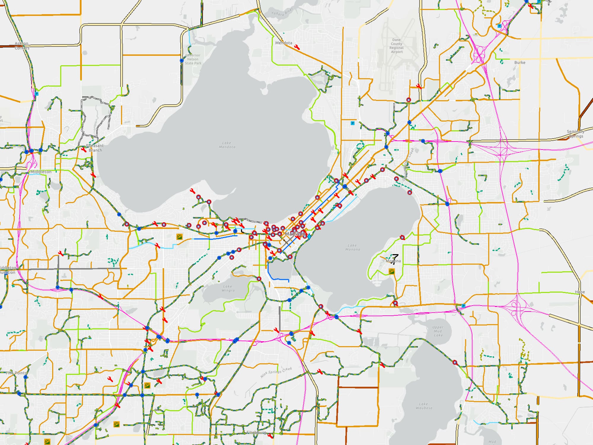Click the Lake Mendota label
coord(227,145)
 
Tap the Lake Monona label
coord(352,247)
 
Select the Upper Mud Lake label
coord(438,331)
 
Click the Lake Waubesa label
coord(423,406)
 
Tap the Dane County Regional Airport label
coord(396,46)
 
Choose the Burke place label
coord(520,63)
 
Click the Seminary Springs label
coord(576,134)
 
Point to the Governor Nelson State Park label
coord(193,59)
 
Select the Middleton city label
coord(41,172)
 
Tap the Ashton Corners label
coord(22,46)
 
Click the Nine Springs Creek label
coord(276,373)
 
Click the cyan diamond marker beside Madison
coord(309,236)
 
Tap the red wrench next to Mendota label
coord(297,47)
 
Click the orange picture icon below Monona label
coord(392,271)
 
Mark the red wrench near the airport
coord(419,86)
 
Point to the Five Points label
coord(16,373)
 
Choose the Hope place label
coord(580,292)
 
